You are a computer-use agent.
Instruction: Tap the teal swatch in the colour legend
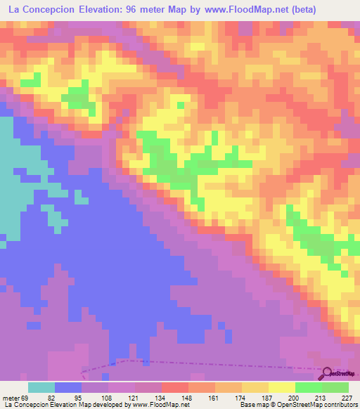41,387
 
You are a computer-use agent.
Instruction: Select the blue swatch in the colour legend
68,387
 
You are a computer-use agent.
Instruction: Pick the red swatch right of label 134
175,387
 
